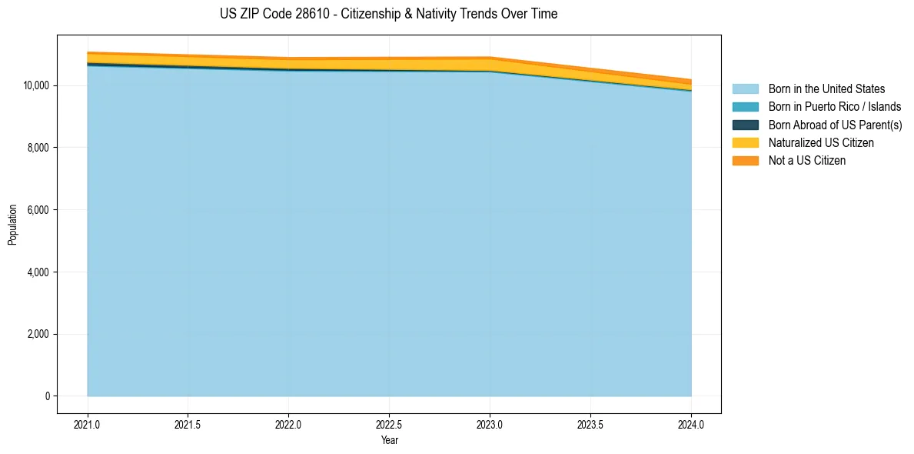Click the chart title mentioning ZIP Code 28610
[x=389, y=14]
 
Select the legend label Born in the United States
[x=826, y=89]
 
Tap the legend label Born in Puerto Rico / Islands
[x=835, y=107]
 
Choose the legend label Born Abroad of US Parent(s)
[x=835, y=125]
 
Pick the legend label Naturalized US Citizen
[x=821, y=143]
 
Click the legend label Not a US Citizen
[x=807, y=161]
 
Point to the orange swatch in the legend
[x=745, y=161]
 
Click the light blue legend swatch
[x=745, y=89]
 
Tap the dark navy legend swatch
[x=745, y=125]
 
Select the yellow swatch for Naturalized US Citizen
[x=745, y=143]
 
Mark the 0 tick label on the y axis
[x=47, y=396]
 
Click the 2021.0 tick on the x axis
[x=88, y=424]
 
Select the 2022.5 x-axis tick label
[x=389, y=424]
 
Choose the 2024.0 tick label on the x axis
[x=691, y=424]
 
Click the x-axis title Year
[x=389, y=441]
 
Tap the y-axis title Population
[x=12, y=225]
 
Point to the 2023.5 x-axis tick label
[x=590, y=424]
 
